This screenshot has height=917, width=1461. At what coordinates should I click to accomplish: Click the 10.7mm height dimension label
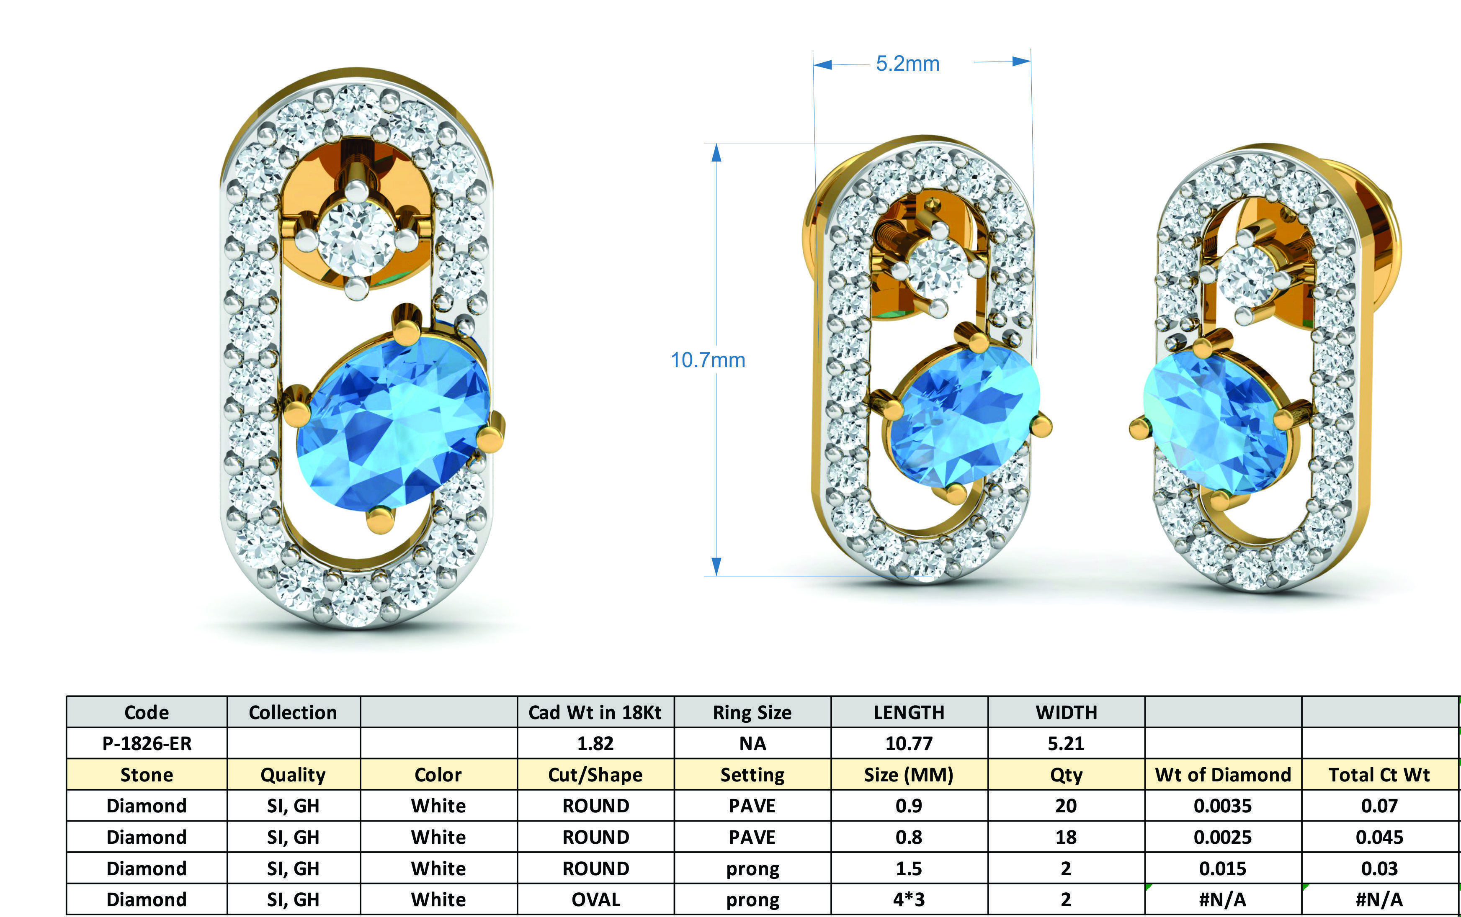(707, 360)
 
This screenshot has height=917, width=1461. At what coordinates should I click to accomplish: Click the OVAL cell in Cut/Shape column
(595, 899)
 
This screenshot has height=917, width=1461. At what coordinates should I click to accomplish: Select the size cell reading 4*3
(909, 899)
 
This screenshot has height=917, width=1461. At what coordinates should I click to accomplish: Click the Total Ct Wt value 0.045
(1379, 837)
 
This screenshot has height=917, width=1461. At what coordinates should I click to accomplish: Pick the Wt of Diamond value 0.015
(1223, 868)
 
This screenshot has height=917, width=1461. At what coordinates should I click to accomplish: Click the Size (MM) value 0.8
(909, 837)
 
